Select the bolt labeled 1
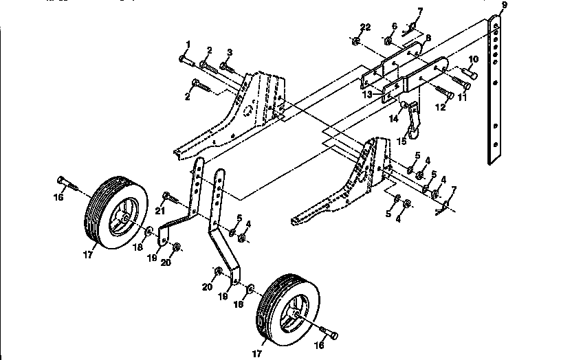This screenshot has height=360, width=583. [x=188, y=60]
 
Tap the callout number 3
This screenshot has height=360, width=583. [x=230, y=53]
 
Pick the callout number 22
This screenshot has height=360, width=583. [x=365, y=27]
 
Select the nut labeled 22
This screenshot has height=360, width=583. [x=357, y=42]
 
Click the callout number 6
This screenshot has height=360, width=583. [x=393, y=27]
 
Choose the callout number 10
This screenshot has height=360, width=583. [x=474, y=60]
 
